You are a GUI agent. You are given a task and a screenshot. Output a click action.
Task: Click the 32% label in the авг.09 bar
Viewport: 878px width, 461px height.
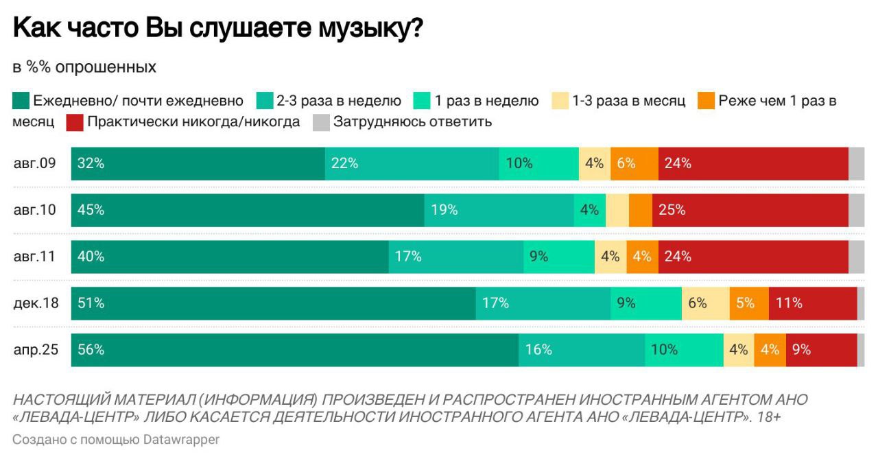91,163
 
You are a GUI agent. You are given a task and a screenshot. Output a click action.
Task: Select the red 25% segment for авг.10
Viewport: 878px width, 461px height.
750,210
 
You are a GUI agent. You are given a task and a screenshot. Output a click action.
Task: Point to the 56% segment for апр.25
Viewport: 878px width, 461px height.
295,349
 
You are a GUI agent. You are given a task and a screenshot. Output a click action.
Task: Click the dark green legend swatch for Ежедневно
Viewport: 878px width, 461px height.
21,101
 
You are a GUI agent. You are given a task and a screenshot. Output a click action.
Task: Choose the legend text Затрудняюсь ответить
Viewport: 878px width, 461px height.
412,122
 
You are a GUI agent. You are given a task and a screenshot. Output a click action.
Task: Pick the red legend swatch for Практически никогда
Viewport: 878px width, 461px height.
75,122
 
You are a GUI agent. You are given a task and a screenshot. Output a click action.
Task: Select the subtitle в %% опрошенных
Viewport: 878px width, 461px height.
84,67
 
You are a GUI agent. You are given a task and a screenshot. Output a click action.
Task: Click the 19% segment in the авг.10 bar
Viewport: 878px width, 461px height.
499,210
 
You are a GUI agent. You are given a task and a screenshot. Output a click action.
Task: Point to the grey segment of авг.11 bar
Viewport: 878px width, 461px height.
856,257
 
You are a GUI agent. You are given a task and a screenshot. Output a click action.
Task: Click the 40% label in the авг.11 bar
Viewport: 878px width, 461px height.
91,257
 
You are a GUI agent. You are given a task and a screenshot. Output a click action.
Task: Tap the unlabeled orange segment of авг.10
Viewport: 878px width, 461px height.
640,210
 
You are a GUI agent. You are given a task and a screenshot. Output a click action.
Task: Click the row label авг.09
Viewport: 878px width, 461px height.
34,163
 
